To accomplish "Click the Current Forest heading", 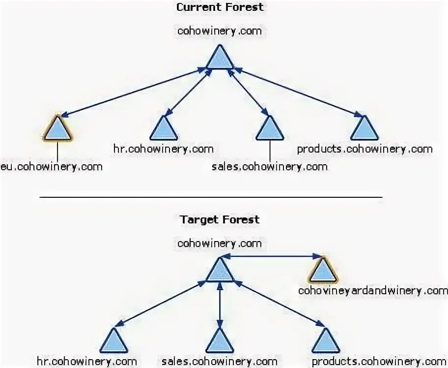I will pyautogui.click(x=220, y=7).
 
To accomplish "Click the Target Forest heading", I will pyautogui.click(x=220, y=219).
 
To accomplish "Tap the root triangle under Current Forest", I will pyautogui.click(x=220, y=57).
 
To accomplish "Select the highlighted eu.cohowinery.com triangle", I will pyautogui.click(x=57, y=129).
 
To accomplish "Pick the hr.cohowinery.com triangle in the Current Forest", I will pyautogui.click(x=164, y=129).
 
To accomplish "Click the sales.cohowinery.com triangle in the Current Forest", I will pyautogui.click(x=270, y=129).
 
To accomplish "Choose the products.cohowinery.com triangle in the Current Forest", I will pyautogui.click(x=364, y=129).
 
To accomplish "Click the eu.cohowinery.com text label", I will pyautogui.click(x=52, y=166).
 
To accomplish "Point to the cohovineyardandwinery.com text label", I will pyautogui.click(x=373, y=290).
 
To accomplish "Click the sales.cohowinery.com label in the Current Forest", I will pyautogui.click(x=270, y=166).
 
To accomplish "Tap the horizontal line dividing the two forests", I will pyautogui.click(x=211, y=197).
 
